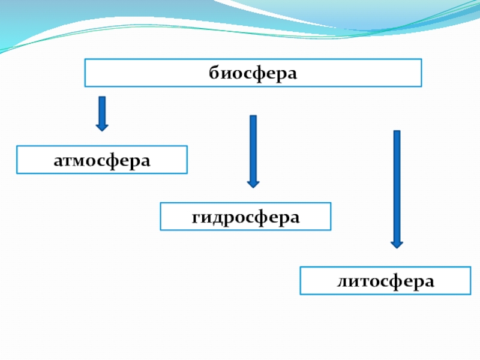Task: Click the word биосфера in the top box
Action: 253,73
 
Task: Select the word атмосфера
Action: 101,160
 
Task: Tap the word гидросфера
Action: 245,217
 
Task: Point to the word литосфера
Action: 385,281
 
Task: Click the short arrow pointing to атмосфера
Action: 102,113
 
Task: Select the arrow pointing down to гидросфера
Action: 253,150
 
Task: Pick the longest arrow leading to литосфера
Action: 397,188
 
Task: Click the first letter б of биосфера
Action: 214,73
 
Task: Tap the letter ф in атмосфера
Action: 114,160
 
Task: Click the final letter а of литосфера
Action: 429,281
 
